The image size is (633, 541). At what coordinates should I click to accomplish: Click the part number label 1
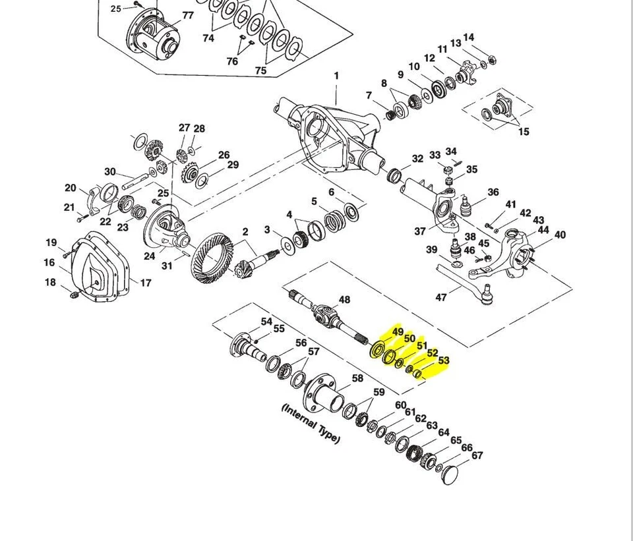tap(336, 76)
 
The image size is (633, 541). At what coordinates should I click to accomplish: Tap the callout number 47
tap(441, 297)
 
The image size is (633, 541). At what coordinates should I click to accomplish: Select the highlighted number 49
tap(398, 332)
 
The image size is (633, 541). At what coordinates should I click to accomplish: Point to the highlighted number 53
tap(443, 360)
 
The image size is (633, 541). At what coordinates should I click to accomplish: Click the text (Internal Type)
tap(311, 424)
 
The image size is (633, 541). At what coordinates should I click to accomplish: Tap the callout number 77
tap(188, 15)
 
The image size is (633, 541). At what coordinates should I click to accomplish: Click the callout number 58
tap(357, 378)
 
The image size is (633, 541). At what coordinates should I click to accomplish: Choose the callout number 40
tap(560, 235)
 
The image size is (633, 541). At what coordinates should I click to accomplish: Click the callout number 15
tap(523, 132)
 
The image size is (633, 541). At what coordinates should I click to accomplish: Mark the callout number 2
tap(245, 231)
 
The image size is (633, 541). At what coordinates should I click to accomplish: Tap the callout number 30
tap(109, 172)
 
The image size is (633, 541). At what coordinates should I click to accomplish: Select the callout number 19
tap(51, 242)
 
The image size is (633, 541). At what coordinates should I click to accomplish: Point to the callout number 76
tap(232, 61)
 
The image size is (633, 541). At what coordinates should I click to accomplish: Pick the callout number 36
tap(493, 192)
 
